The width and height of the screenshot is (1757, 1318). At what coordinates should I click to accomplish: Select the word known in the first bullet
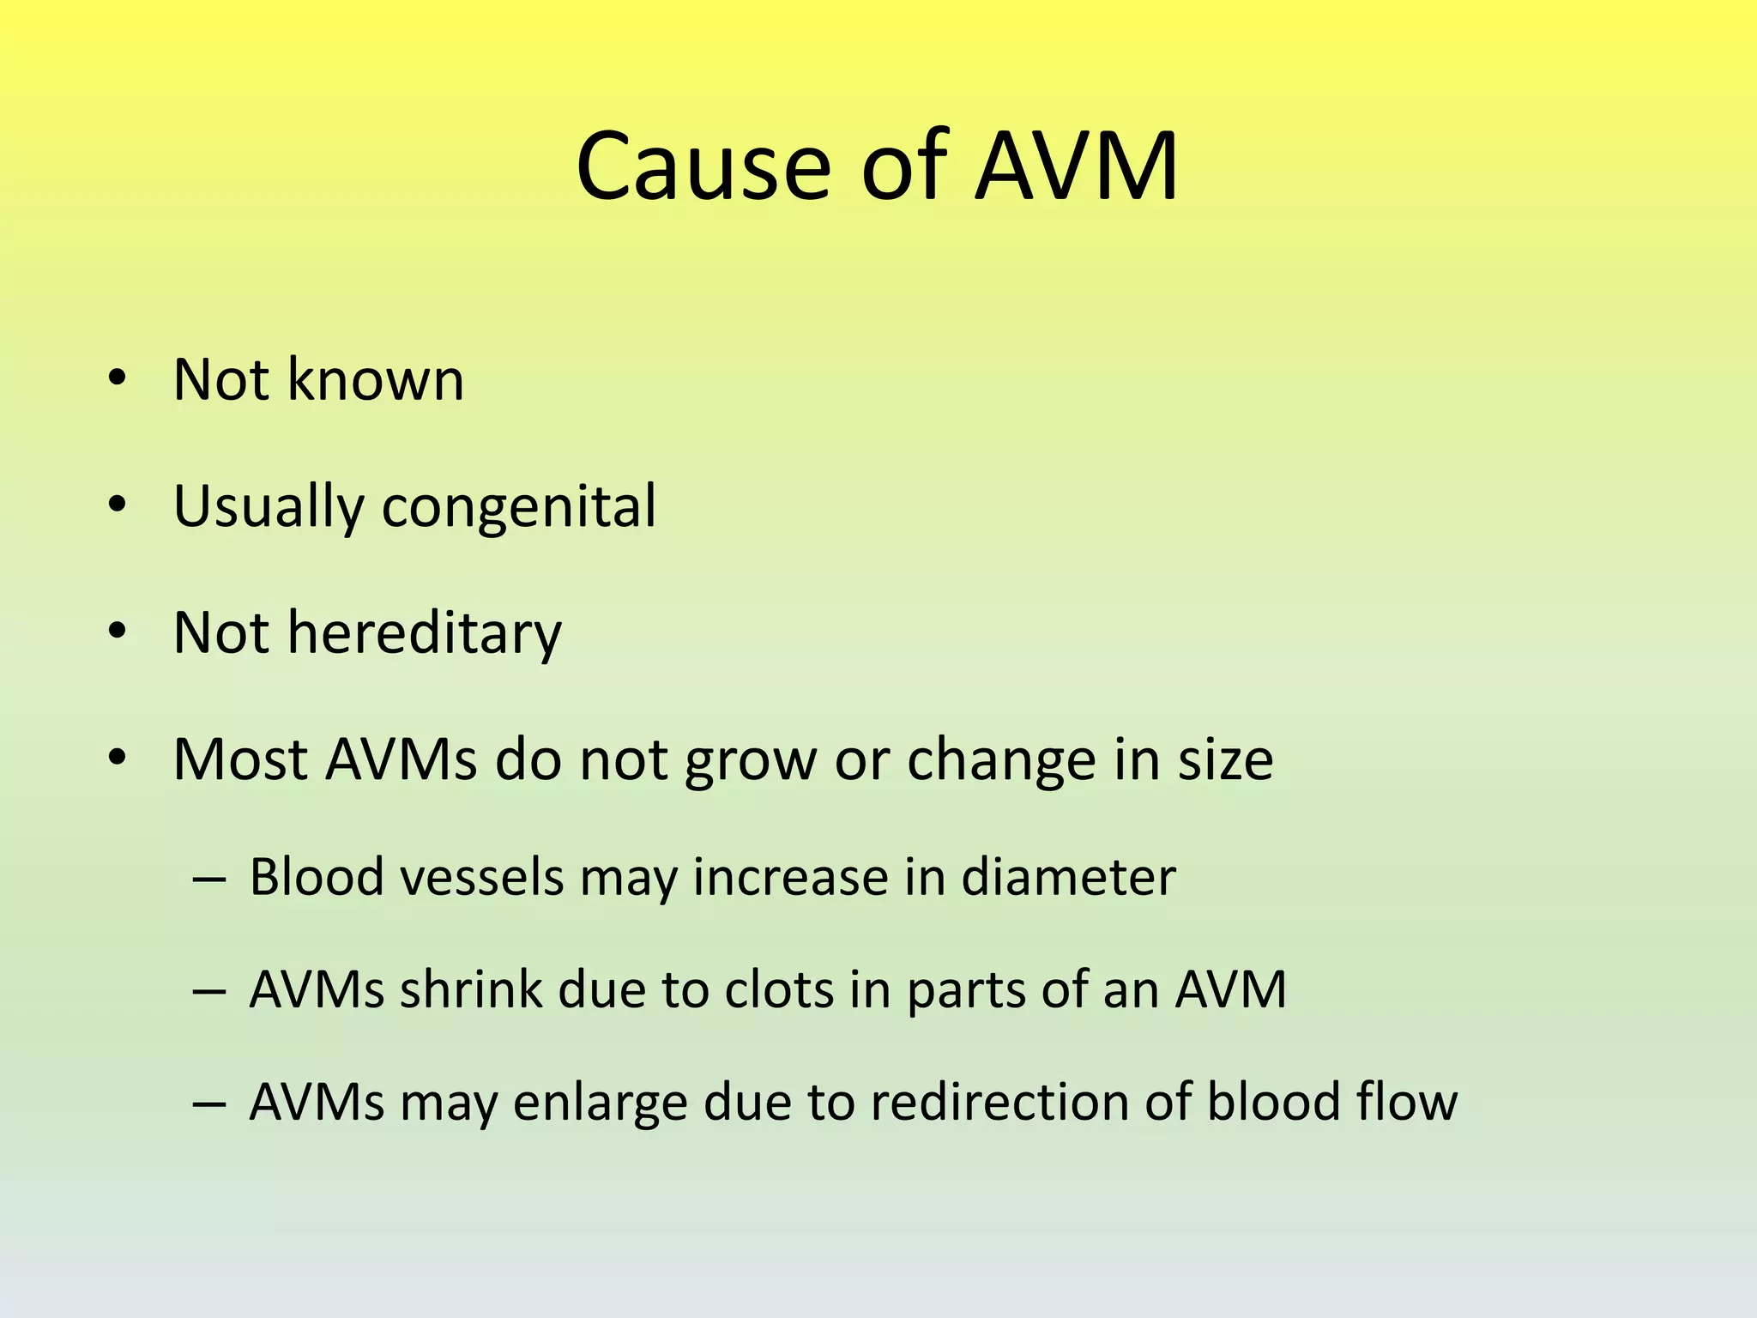click(375, 379)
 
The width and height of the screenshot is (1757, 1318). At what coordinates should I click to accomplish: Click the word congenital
click(518, 506)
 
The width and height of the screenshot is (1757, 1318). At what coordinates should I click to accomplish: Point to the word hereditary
click(424, 633)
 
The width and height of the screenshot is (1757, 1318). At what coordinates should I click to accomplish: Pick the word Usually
click(269, 506)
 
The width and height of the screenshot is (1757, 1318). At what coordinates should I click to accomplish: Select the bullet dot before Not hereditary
click(118, 632)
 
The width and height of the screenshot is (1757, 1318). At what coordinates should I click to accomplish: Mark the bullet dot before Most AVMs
click(118, 758)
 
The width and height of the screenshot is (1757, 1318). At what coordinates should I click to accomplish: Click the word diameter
click(1068, 877)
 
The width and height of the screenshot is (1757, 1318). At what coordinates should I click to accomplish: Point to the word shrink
click(471, 989)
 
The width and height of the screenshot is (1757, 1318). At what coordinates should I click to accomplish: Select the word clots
click(779, 989)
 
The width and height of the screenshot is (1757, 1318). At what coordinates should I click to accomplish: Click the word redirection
click(999, 1102)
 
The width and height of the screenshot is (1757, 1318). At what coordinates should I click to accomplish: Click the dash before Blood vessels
click(208, 880)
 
